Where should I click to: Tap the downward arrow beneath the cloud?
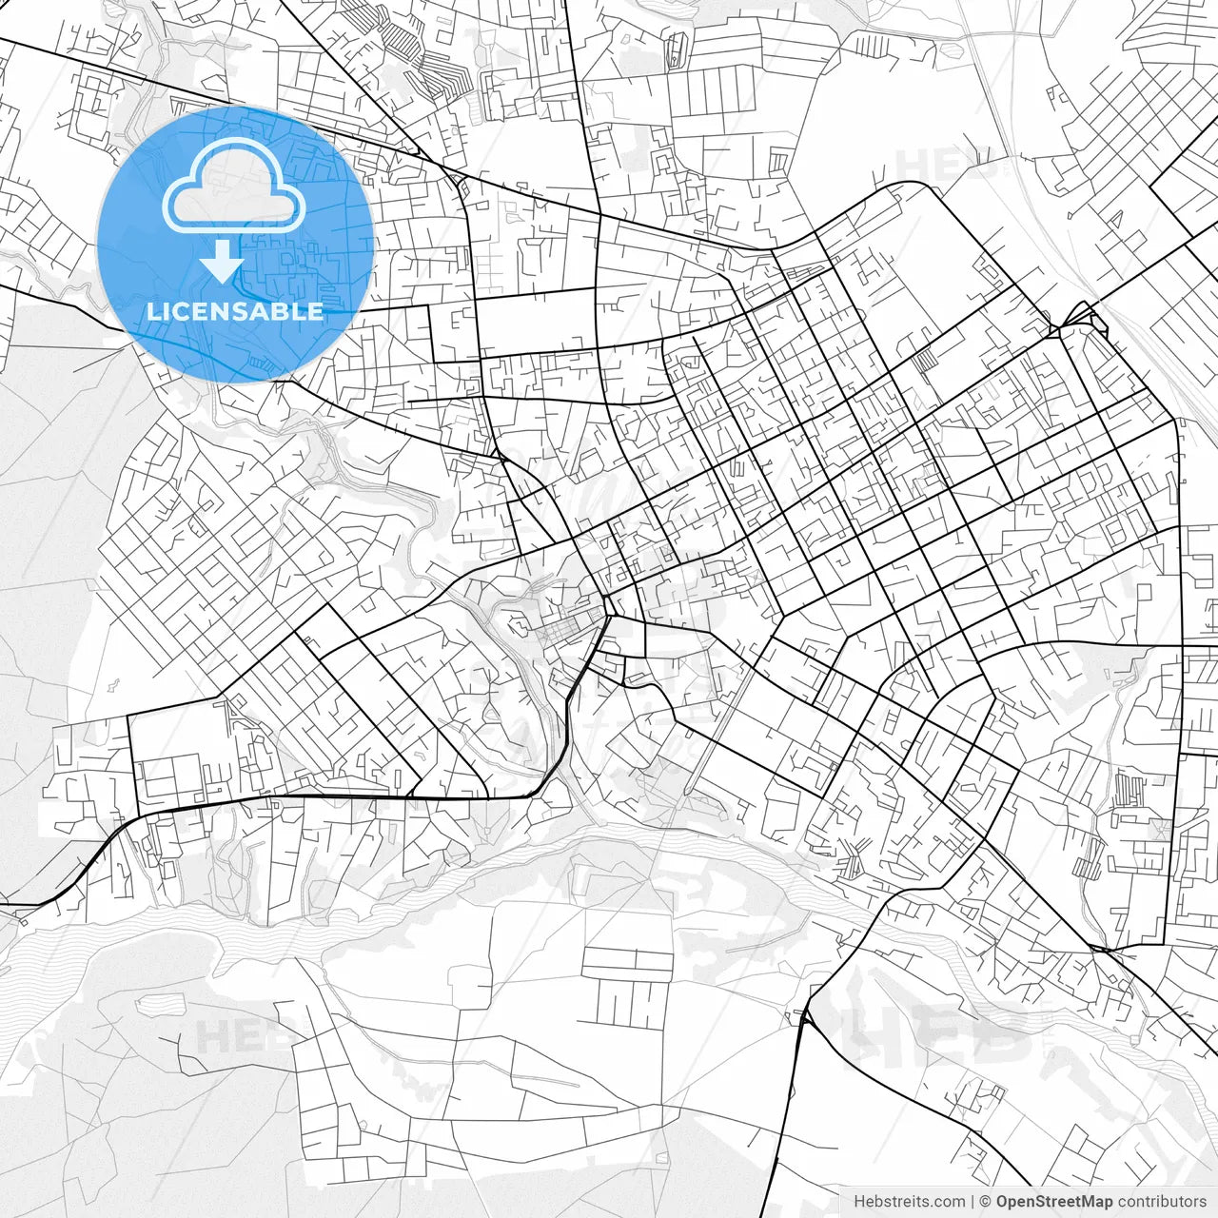click(222, 261)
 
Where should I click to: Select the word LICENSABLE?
click(235, 312)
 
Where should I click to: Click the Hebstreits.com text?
click(909, 1201)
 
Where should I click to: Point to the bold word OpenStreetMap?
click(1054, 1201)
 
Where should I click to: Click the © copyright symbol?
click(987, 1201)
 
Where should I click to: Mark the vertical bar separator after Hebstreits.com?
click(972, 1201)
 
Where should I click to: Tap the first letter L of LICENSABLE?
click(153, 312)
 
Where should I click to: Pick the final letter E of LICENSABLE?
click(316, 312)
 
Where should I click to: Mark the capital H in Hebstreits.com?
click(859, 1201)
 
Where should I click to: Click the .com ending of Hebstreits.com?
click(949, 1201)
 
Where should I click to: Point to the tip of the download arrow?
click(222, 281)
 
